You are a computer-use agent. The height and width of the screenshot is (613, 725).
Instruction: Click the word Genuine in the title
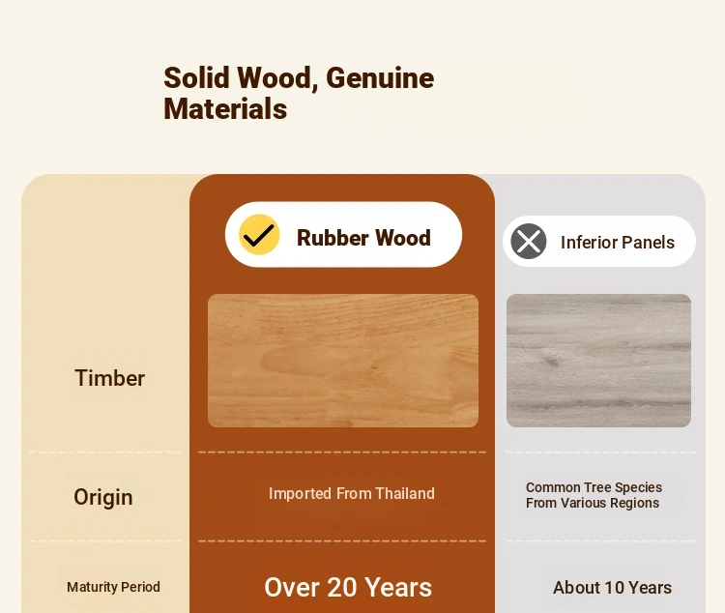(x=380, y=77)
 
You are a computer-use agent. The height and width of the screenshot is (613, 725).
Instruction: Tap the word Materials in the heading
(x=225, y=109)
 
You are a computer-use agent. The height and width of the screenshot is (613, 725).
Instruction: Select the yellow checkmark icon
(x=259, y=235)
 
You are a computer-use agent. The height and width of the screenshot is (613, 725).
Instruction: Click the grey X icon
(x=529, y=241)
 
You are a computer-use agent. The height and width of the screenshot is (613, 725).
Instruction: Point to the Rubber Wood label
(x=363, y=238)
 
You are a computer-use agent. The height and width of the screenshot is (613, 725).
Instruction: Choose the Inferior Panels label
(x=618, y=243)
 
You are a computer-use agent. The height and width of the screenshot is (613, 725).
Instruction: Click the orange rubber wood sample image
(x=343, y=361)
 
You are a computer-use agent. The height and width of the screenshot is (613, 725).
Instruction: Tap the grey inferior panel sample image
(x=598, y=361)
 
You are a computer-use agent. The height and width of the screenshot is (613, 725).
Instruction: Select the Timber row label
(x=109, y=378)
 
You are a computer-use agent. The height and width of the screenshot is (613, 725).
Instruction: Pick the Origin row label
(x=103, y=497)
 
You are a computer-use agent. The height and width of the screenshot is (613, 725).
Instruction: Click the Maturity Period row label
(x=113, y=587)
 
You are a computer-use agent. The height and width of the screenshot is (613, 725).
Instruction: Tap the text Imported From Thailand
(x=352, y=494)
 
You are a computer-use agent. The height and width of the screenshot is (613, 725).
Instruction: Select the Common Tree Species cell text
(x=594, y=495)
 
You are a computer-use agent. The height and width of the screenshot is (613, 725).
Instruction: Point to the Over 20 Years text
(x=348, y=588)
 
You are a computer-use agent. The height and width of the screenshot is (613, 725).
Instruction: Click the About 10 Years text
(x=612, y=588)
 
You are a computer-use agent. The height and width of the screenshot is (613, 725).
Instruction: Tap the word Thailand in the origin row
(x=405, y=494)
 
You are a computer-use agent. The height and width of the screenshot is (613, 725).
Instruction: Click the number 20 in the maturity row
(x=341, y=588)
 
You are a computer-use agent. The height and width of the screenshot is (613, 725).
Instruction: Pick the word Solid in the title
(x=196, y=77)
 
